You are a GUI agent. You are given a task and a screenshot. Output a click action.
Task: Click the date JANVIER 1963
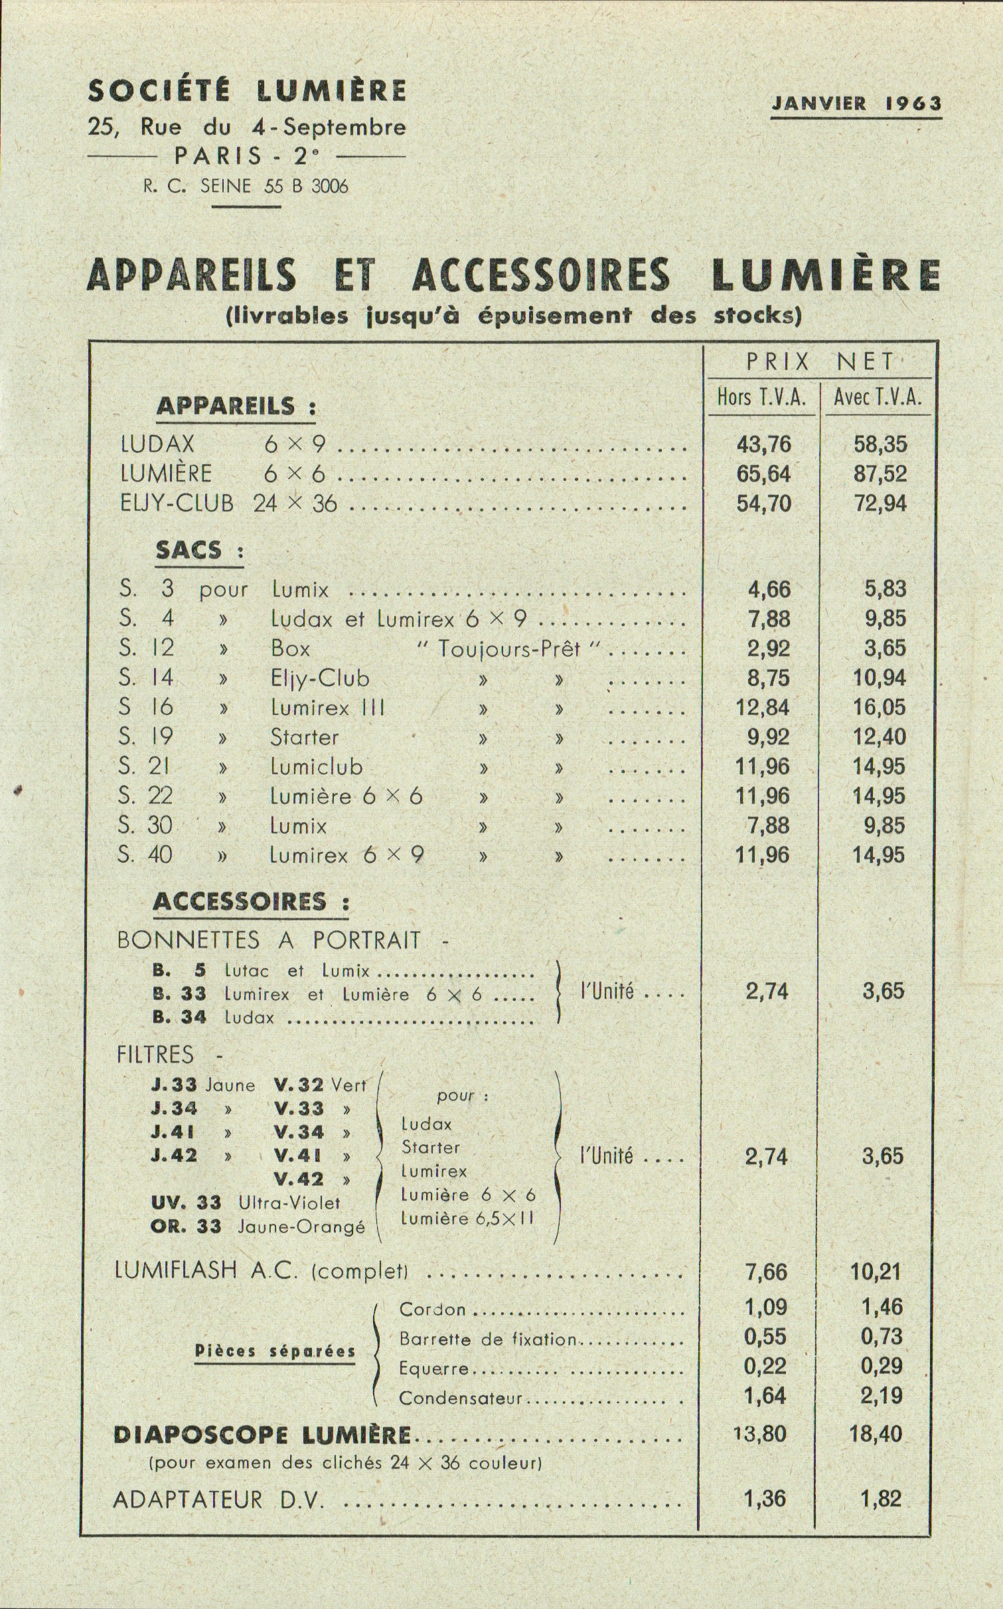click(856, 104)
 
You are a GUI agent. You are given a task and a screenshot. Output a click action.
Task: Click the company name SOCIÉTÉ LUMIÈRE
click(246, 91)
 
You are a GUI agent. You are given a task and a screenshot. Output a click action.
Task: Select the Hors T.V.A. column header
click(761, 398)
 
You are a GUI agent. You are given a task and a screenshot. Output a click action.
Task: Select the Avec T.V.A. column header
click(878, 398)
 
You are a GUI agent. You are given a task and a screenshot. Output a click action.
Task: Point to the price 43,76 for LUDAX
click(763, 444)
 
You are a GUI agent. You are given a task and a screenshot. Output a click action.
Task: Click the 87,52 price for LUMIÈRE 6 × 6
click(880, 474)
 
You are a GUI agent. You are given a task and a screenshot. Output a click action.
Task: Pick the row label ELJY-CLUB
click(177, 503)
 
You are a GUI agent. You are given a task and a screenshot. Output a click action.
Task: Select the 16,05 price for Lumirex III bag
click(879, 707)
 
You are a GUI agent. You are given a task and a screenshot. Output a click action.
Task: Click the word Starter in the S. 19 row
click(304, 737)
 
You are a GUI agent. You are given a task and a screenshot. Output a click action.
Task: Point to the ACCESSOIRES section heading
click(240, 902)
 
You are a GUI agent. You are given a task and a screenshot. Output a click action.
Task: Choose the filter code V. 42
click(299, 1179)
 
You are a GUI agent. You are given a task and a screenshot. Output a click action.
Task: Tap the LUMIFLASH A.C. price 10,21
click(877, 1272)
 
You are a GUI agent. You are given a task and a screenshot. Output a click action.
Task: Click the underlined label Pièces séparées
click(275, 1351)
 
